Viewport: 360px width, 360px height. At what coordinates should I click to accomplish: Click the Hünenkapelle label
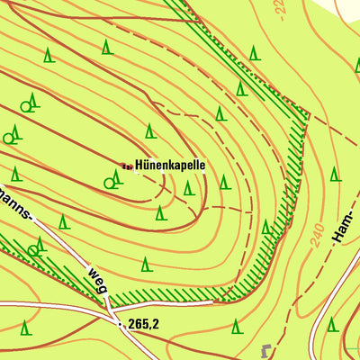(170, 166)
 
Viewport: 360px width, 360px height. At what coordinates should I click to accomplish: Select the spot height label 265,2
(143, 324)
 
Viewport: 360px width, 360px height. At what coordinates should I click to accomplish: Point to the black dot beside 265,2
(121, 323)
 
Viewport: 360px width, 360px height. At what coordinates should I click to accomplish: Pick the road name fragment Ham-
(340, 229)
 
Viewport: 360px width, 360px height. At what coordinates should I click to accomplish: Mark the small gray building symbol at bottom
(265, 348)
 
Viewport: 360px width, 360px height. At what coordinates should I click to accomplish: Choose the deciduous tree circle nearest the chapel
(109, 183)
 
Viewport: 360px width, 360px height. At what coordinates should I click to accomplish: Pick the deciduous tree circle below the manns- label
(33, 250)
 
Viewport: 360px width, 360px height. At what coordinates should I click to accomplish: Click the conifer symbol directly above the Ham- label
(335, 173)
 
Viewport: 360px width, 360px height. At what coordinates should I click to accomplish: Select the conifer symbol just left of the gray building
(236, 325)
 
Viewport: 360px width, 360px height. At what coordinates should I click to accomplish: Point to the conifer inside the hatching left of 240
(267, 227)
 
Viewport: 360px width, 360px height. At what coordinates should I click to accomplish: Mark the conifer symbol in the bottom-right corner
(332, 323)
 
